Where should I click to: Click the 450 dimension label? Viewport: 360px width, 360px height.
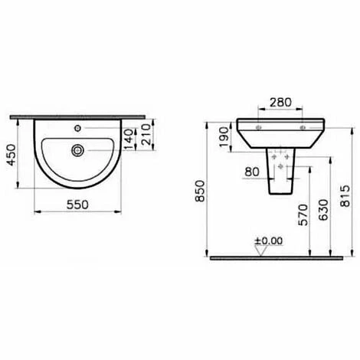11,155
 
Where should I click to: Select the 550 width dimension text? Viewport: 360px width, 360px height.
77,205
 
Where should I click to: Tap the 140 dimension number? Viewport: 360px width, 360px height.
129,139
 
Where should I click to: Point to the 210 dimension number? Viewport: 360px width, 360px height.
146,135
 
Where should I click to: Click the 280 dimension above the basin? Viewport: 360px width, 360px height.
280,103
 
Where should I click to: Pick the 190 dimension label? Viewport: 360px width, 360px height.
224,137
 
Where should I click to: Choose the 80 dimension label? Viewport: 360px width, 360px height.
252,172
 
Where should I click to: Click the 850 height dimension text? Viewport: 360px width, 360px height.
200,191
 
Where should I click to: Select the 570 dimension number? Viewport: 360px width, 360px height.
303,214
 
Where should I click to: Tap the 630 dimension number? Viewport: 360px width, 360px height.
324,210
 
